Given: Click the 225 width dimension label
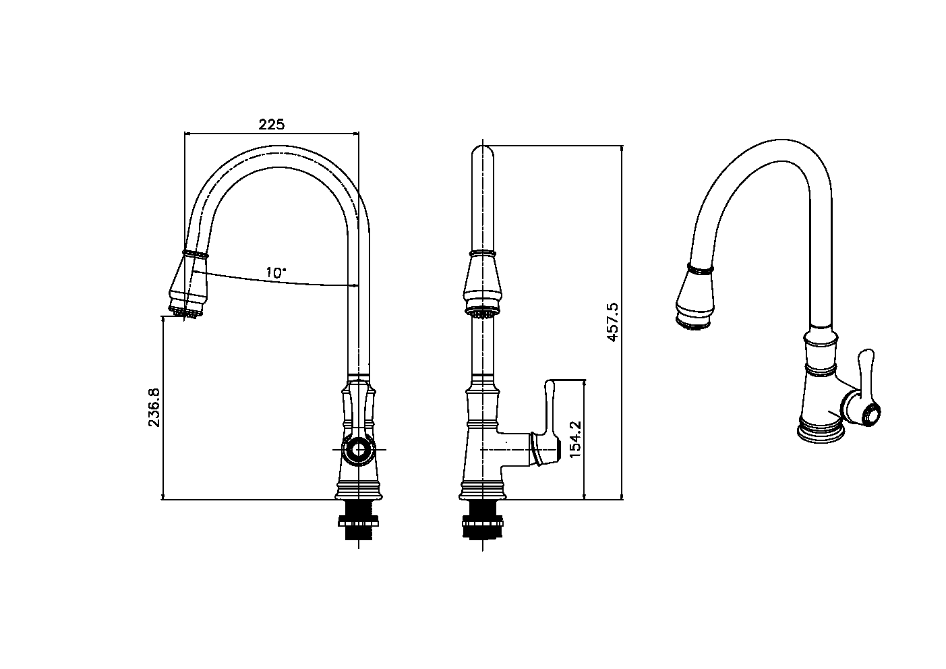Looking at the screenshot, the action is [272, 125].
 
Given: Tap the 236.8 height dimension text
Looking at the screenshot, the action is [154, 407].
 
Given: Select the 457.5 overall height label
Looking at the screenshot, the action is [612, 322].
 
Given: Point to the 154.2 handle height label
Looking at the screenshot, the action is [575, 439].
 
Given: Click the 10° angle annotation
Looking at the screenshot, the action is [276, 272].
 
